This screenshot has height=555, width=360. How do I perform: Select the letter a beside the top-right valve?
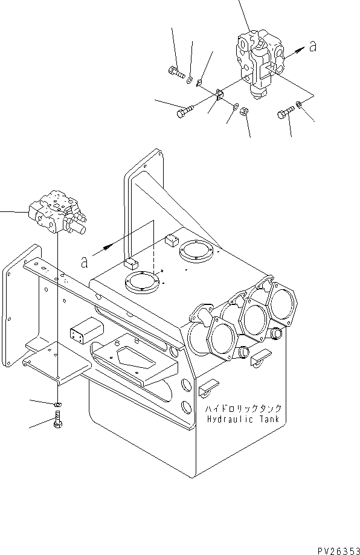(x=312, y=47)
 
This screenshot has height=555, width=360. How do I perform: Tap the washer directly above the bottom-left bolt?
(x=56, y=403)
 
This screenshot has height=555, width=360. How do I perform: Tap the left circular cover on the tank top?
(x=141, y=283)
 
